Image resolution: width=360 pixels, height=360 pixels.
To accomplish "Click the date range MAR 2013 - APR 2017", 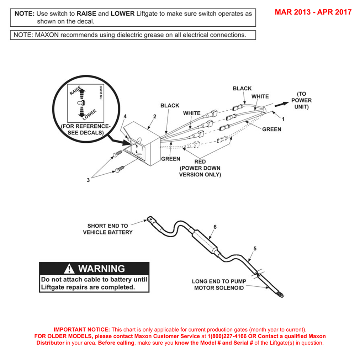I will [313, 12].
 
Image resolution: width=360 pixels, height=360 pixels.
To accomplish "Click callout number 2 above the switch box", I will [154, 116].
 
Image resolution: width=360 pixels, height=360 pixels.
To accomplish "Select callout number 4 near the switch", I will [125, 116].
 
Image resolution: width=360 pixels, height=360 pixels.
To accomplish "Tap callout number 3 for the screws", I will [88, 180].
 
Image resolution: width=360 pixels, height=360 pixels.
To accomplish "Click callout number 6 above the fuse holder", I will [215, 227].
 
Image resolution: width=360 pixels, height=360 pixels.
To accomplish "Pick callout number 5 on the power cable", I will [255, 248].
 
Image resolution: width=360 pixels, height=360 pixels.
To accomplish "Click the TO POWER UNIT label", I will [301, 100].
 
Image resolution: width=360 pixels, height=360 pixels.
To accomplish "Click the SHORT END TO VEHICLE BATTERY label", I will [108, 229].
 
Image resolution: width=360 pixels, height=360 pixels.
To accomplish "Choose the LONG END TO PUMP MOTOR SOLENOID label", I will [219, 285].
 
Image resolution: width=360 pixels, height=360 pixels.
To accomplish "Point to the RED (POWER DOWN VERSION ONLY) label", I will [200, 168].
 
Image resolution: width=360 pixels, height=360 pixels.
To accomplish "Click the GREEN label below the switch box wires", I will [171, 159].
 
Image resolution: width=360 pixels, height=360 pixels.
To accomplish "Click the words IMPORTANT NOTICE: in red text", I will [81, 330].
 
